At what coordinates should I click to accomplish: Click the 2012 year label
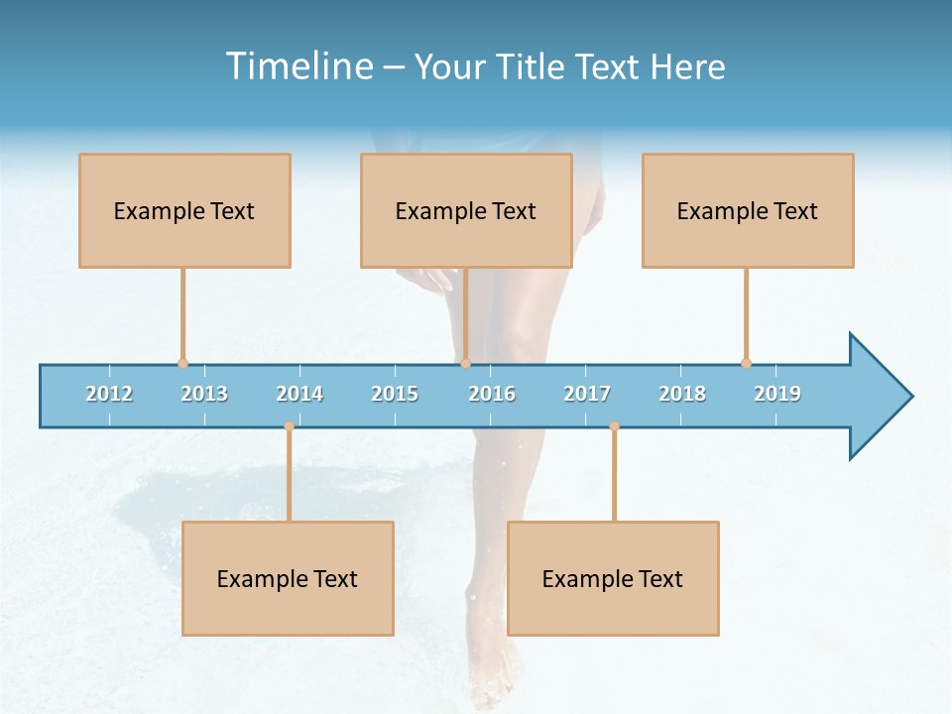pyautogui.click(x=109, y=394)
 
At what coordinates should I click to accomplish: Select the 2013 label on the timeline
pyautogui.click(x=204, y=394)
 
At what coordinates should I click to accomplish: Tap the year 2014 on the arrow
pyautogui.click(x=299, y=394)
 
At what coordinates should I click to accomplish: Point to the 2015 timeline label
pyautogui.click(x=395, y=394)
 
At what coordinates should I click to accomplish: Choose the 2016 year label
pyautogui.click(x=492, y=394)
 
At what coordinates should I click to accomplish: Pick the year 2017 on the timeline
pyautogui.click(x=587, y=394)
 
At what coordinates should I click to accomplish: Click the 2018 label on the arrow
pyautogui.click(x=682, y=394)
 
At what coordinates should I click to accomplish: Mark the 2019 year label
pyautogui.click(x=777, y=394)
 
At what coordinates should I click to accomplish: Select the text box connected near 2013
pyautogui.click(x=184, y=210)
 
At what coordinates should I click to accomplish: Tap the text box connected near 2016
pyautogui.click(x=466, y=210)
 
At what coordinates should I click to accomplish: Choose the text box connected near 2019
pyautogui.click(x=748, y=210)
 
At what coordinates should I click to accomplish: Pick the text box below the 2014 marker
pyautogui.click(x=288, y=578)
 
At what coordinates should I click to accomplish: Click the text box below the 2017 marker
pyautogui.click(x=613, y=578)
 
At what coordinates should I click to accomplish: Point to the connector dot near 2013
pyautogui.click(x=182, y=363)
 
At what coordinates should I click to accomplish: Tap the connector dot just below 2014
pyautogui.click(x=289, y=426)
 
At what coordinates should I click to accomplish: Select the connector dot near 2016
pyautogui.click(x=465, y=363)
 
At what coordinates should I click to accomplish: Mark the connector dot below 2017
pyautogui.click(x=614, y=426)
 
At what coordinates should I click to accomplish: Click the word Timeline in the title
pyautogui.click(x=297, y=66)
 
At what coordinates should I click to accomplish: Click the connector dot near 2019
pyautogui.click(x=746, y=363)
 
